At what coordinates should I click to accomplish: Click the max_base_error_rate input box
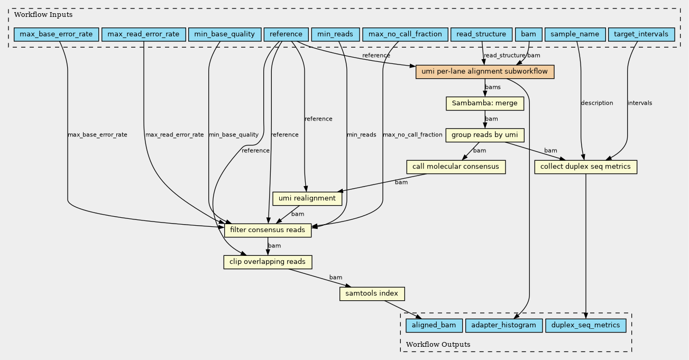pyautogui.click(x=56, y=34)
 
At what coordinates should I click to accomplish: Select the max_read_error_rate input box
pyautogui.click(x=144, y=34)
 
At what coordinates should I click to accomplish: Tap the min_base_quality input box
pyautogui.click(x=225, y=34)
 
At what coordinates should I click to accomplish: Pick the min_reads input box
pyautogui.click(x=335, y=34)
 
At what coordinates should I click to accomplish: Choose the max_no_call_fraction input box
pyautogui.click(x=405, y=34)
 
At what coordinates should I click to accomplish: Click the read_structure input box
pyautogui.click(x=481, y=34)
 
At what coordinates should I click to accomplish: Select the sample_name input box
pyautogui.click(x=575, y=34)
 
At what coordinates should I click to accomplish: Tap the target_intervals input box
pyautogui.click(x=641, y=34)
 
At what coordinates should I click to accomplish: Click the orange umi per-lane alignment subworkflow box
pyautogui.click(x=485, y=72)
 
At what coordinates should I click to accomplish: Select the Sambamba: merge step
pyautogui.click(x=485, y=103)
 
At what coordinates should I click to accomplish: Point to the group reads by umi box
pyautogui.click(x=485, y=135)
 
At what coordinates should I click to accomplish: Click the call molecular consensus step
pyautogui.click(x=456, y=167)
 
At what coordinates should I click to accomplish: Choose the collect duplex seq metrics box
pyautogui.click(x=586, y=167)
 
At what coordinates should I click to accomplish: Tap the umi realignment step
pyautogui.click(x=307, y=199)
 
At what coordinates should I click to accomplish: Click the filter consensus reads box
pyautogui.click(x=268, y=230)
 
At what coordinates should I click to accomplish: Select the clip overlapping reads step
pyautogui.click(x=268, y=262)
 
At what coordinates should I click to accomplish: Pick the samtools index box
pyautogui.click(x=372, y=293)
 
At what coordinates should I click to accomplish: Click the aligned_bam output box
pyautogui.click(x=434, y=326)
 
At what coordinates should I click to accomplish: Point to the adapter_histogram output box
pyautogui.click(x=504, y=326)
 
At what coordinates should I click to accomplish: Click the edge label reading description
pyautogui.click(x=596, y=103)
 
